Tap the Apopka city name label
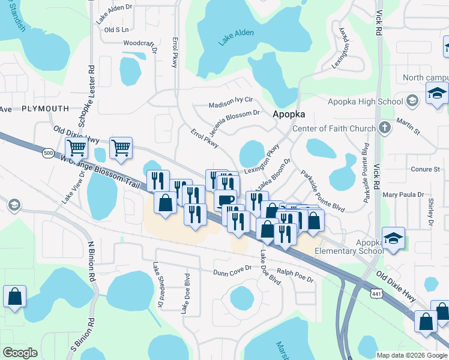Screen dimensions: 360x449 coord(289,114)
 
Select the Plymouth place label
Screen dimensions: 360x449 coord(45,108)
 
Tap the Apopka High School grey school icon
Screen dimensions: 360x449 coord(412,101)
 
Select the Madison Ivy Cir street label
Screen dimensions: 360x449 coord(231,104)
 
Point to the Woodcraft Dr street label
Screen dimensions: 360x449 coord(139,43)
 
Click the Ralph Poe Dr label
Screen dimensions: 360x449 coord(295,279)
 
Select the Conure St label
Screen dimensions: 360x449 coord(425,170)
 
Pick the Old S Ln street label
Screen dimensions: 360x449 coord(116,29)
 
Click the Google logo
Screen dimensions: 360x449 coord(20,353)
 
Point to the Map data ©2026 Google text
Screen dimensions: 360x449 coord(411,355)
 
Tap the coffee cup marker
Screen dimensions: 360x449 coord(225,200)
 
